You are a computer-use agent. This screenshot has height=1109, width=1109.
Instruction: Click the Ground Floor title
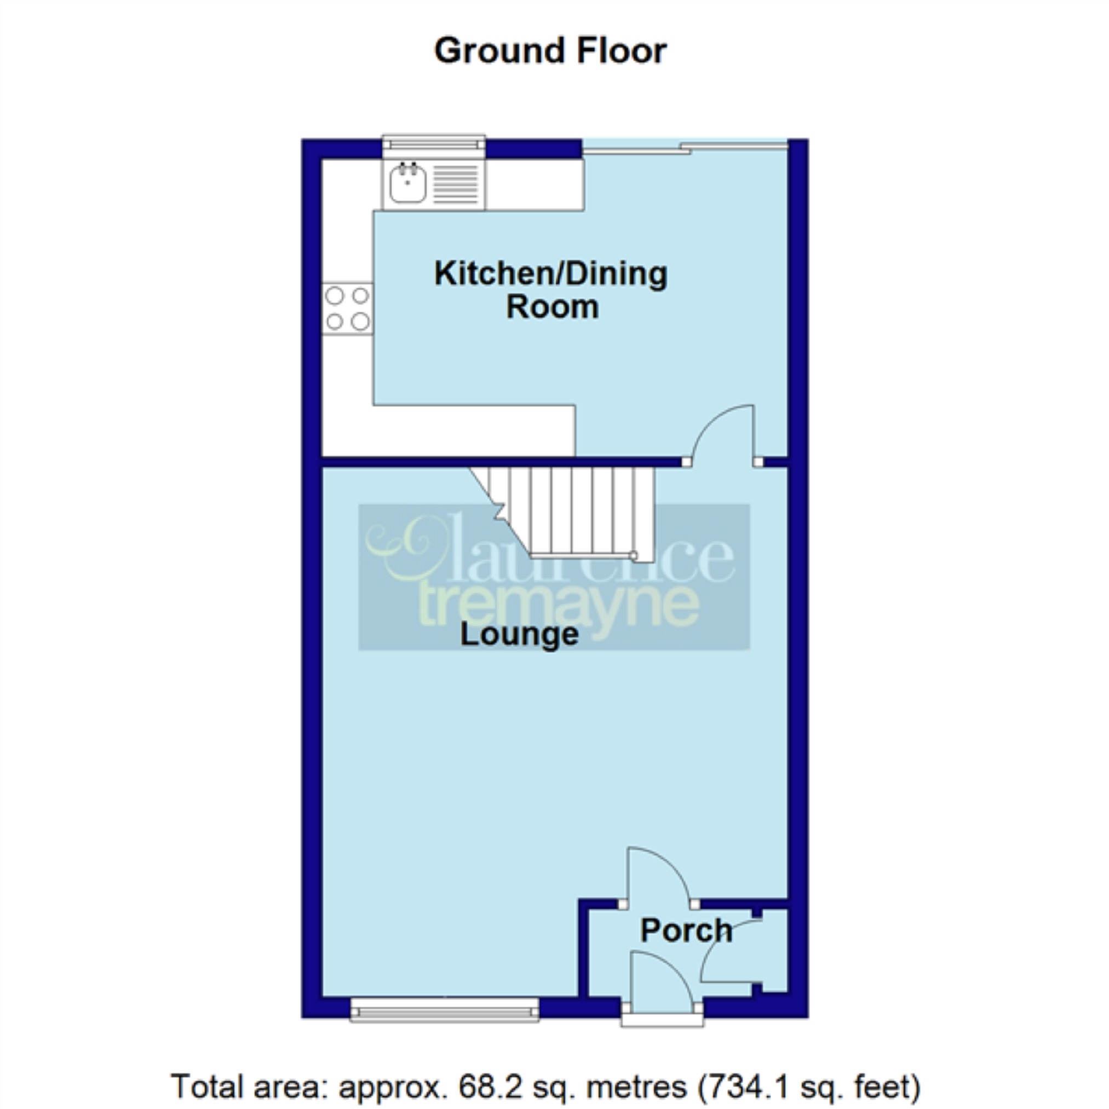550,51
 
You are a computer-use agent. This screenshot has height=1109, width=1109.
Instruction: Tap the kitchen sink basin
407,183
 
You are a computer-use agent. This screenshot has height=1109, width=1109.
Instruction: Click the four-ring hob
347,309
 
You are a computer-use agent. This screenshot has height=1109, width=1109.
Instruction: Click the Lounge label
520,635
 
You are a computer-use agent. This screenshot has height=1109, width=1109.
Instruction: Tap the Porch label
686,930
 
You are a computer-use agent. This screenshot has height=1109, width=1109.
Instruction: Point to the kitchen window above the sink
434,143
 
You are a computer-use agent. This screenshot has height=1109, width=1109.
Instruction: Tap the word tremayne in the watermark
560,604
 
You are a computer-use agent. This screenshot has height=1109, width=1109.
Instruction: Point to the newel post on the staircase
633,555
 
